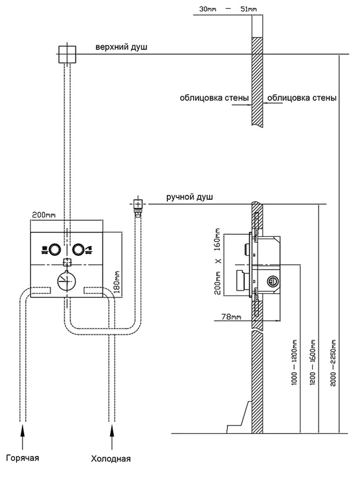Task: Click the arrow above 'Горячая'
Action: [22, 434]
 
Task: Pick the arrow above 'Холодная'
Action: [111, 434]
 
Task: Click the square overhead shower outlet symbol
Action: [67, 54]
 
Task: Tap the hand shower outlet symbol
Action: [137, 204]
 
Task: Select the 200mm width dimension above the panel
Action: [44, 215]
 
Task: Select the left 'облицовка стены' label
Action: [214, 99]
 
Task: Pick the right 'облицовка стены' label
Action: [302, 99]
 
